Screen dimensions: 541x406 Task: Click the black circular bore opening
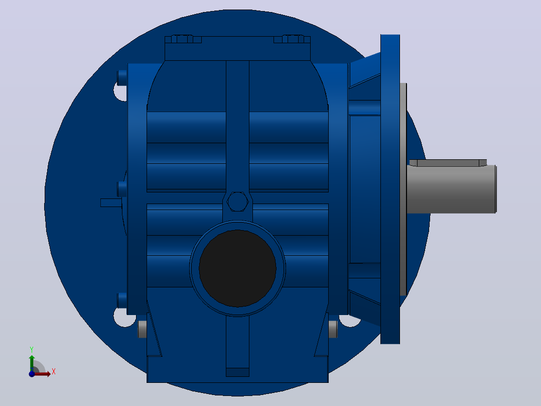tap(237, 268)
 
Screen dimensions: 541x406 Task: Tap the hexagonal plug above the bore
tap(237, 202)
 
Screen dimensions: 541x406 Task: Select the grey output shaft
tap(451, 189)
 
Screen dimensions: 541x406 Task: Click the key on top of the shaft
tap(448, 163)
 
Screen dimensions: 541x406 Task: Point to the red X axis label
tap(54, 372)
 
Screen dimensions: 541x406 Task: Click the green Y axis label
tap(32, 350)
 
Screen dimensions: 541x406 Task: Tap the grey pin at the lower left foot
tap(142, 329)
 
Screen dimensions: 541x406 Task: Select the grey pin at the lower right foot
tap(333, 329)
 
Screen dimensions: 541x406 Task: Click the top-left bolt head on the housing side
tap(122, 78)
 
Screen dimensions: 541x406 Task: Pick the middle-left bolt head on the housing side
tap(122, 189)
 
